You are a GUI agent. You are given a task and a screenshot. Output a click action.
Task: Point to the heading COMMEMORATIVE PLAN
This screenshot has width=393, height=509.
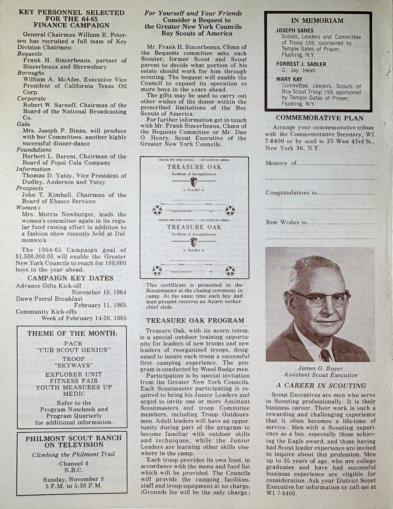(x=320, y=118)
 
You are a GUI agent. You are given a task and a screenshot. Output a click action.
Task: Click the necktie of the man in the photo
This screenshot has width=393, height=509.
(x=325, y=355)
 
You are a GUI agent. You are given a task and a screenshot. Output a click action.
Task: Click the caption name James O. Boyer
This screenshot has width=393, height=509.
(x=316, y=368)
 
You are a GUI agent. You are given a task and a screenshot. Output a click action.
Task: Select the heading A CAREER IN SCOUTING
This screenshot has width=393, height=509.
(x=321, y=385)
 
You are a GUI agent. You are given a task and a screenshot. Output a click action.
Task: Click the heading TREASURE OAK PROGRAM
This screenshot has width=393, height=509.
(x=195, y=320)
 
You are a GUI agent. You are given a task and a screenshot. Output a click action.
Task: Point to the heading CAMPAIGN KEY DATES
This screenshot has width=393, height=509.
(x=71, y=278)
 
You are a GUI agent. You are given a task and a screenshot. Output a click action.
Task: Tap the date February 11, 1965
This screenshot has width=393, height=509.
(x=102, y=305)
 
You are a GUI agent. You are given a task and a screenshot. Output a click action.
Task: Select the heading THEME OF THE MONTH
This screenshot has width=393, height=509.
(x=73, y=333)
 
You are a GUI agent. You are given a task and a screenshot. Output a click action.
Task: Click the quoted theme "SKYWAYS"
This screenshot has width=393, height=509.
(x=74, y=365)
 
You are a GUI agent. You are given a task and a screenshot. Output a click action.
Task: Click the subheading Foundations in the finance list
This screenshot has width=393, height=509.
(x=34, y=150)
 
